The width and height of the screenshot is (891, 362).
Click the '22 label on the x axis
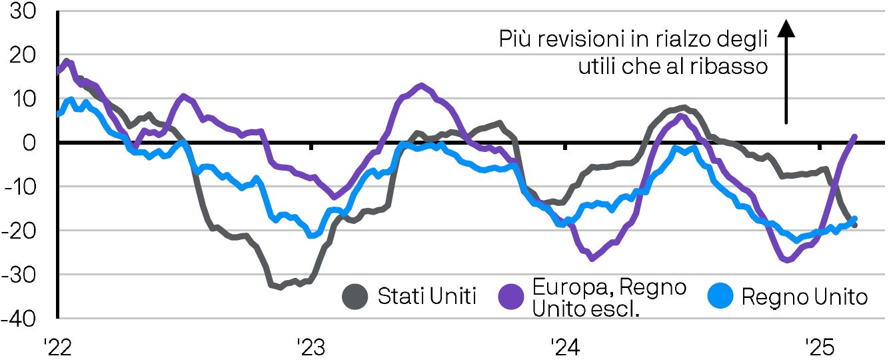[x=57, y=348]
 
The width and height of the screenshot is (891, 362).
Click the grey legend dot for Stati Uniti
[x=355, y=297]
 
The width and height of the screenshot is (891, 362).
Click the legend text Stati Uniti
[x=427, y=297]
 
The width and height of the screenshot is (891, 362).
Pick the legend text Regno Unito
[x=804, y=297]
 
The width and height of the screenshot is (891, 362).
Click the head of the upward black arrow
[x=786, y=28]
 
